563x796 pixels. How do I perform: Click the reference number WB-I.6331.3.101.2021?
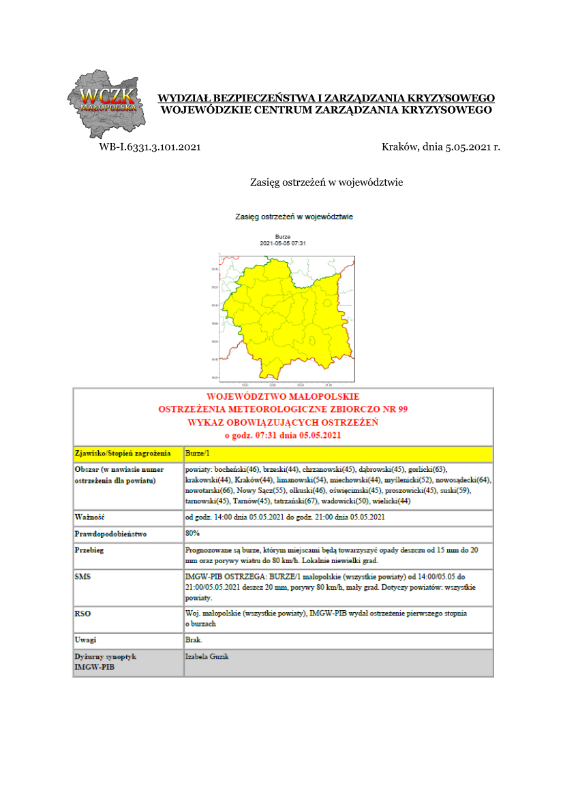click(x=150, y=146)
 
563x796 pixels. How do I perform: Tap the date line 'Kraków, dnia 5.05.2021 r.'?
click(x=441, y=146)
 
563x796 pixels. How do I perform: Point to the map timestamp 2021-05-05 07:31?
click(x=283, y=243)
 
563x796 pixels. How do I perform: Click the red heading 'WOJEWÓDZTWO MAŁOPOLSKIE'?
click(x=283, y=396)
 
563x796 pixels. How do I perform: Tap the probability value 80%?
click(x=192, y=533)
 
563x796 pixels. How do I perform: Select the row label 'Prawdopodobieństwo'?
click(x=110, y=534)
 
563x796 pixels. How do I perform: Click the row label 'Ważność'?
click(x=89, y=517)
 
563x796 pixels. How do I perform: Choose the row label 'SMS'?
click(x=82, y=576)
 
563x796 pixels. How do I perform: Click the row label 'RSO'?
click(x=82, y=614)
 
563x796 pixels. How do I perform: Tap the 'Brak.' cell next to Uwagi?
click(x=194, y=640)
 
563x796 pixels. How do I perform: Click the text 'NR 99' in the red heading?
click(x=394, y=409)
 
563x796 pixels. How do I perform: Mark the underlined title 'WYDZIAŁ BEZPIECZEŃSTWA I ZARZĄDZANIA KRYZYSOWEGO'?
click(x=326, y=98)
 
